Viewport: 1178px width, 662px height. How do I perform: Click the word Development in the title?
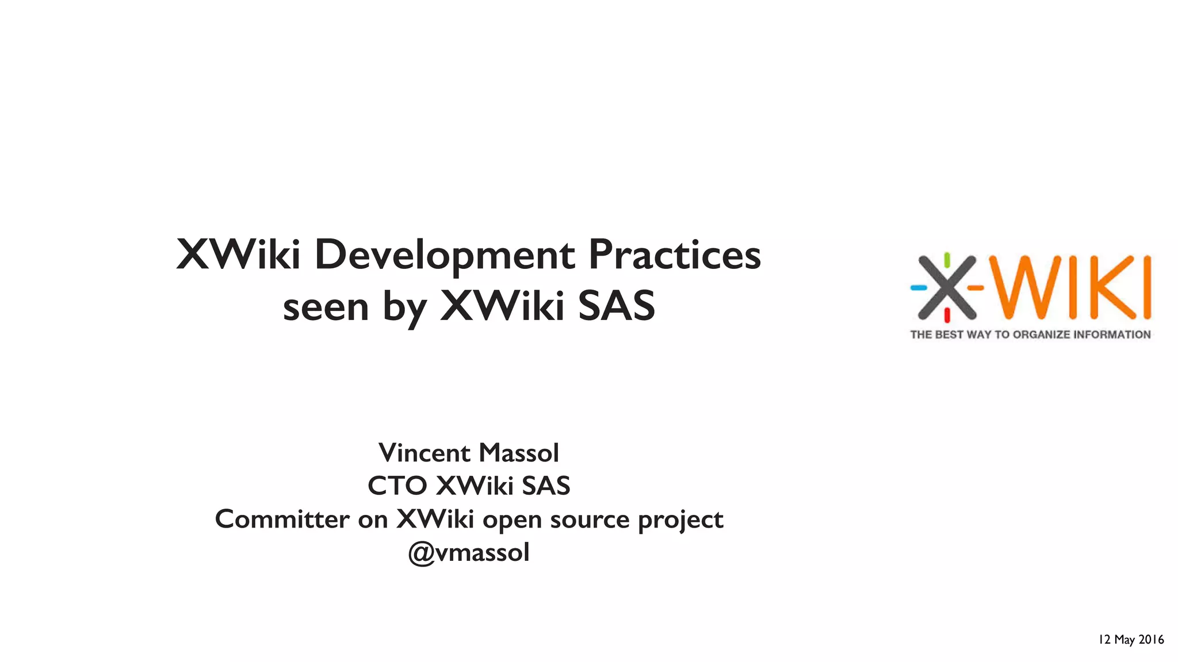pyautogui.click(x=444, y=255)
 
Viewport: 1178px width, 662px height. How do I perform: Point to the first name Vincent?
pyautogui.click(x=424, y=453)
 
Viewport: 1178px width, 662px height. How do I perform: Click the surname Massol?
pyautogui.click(x=518, y=453)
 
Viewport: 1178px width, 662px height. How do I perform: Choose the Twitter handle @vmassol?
pyautogui.click(x=469, y=553)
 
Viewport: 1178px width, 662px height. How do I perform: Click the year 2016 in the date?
pyautogui.click(x=1151, y=640)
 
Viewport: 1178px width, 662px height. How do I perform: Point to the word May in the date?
pyautogui.click(x=1125, y=640)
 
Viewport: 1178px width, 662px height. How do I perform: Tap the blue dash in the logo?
pyautogui.click(x=919, y=287)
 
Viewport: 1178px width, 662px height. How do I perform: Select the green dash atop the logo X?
pyautogui.click(x=947, y=260)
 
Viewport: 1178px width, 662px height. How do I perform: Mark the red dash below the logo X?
pyautogui.click(x=947, y=314)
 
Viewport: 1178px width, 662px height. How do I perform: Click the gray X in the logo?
pyautogui.click(x=947, y=287)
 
